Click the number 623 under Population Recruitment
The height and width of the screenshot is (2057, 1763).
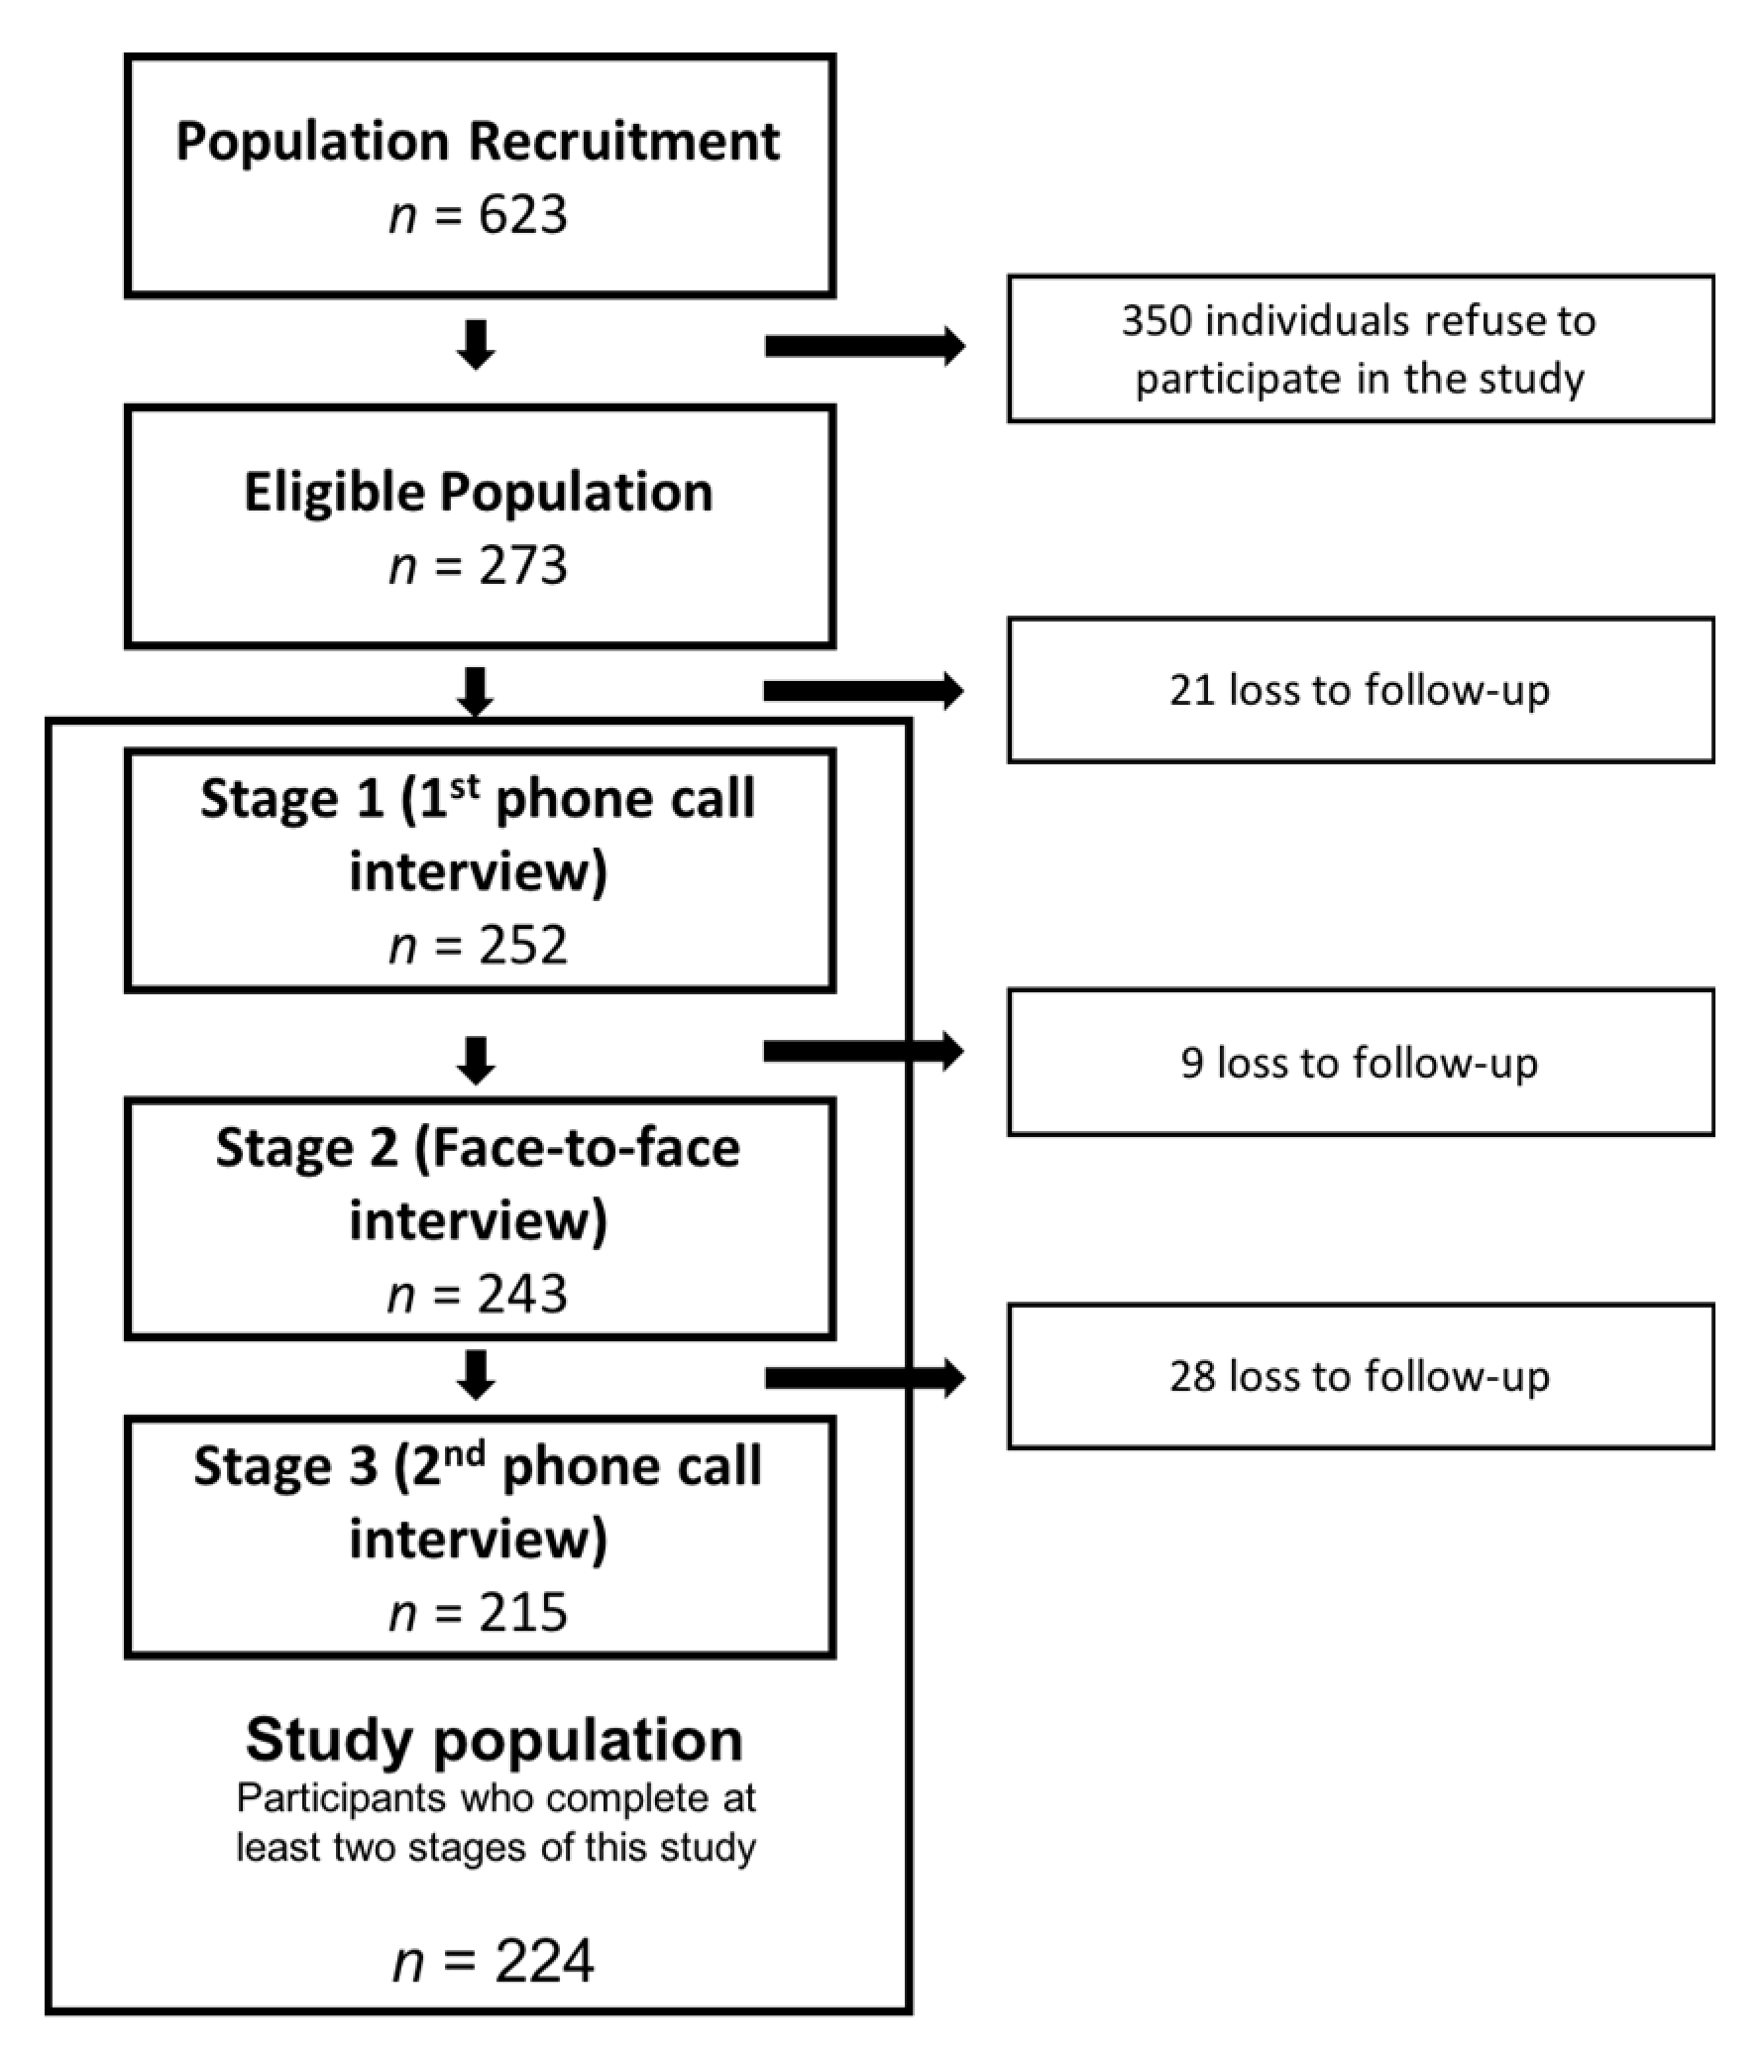tap(522, 214)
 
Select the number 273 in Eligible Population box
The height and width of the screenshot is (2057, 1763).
tap(522, 566)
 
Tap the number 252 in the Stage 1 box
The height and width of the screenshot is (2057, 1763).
tap(522, 944)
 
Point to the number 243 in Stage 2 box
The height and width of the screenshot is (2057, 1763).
tap(522, 1294)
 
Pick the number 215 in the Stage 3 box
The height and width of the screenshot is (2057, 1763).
tap(522, 1612)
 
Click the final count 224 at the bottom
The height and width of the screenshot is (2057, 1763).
tap(544, 1961)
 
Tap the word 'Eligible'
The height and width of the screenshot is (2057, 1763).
tap(334, 492)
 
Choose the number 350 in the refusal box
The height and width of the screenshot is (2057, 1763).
tap(1156, 320)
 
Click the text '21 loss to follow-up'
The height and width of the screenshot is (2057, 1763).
tap(1359, 690)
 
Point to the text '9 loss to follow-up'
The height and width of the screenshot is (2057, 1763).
tap(1359, 1063)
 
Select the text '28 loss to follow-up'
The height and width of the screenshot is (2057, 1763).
tap(1359, 1376)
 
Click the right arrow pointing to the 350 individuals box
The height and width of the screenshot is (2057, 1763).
tap(863, 346)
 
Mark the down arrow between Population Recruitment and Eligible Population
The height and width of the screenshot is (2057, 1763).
tap(477, 345)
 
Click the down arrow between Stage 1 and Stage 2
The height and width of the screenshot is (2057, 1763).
tap(477, 1060)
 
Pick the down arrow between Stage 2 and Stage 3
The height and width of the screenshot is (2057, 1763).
tap(477, 1374)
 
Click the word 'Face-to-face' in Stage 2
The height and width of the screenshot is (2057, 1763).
tap(577, 1149)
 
